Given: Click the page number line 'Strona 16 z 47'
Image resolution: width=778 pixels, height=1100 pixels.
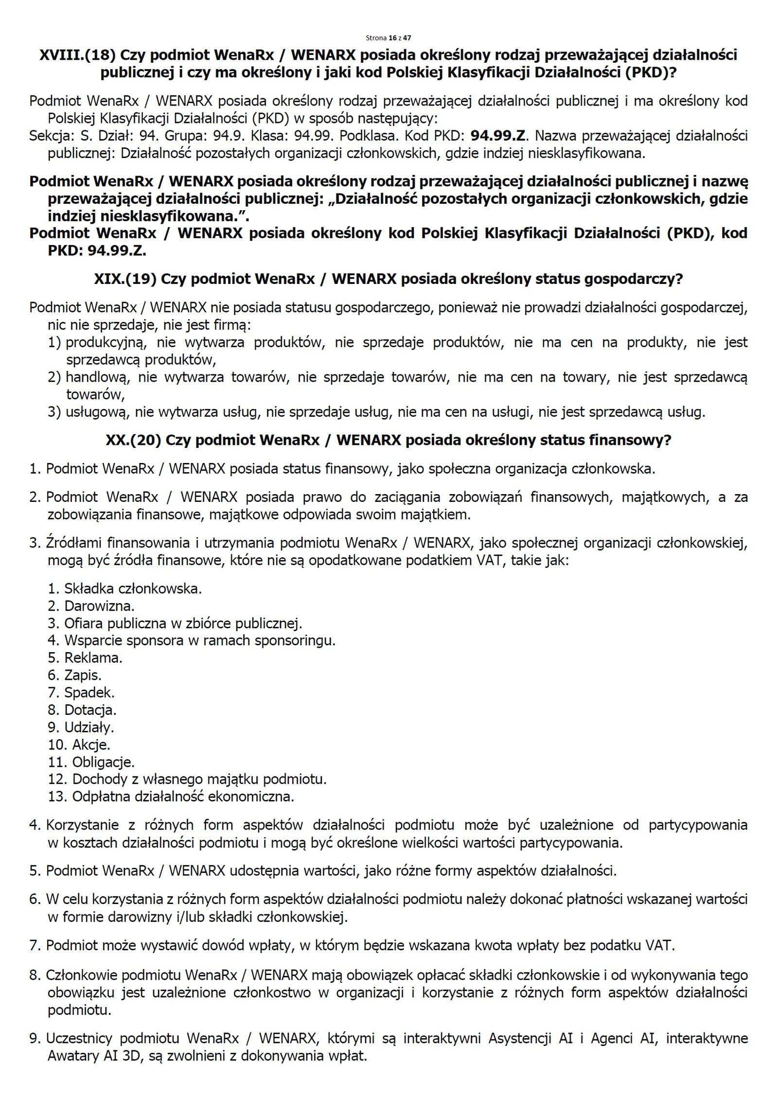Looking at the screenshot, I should [389, 37].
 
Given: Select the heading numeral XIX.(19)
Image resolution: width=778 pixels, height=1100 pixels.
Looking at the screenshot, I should [124, 279].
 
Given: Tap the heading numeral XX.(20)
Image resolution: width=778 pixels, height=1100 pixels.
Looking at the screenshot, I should [133, 440].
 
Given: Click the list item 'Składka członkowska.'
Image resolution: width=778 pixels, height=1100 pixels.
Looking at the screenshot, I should [133, 589].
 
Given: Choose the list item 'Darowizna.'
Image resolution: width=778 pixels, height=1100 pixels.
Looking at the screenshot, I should [99, 606].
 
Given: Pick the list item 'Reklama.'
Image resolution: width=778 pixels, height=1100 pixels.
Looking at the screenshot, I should [93, 658].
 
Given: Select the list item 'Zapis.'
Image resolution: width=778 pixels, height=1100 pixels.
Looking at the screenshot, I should [83, 675].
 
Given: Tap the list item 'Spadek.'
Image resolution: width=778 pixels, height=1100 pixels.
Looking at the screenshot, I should [89, 692].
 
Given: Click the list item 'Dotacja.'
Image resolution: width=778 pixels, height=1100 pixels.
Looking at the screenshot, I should [90, 710].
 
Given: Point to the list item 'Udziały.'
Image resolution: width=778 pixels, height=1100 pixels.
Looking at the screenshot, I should [89, 727].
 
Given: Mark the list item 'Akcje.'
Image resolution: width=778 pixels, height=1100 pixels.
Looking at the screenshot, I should [91, 745].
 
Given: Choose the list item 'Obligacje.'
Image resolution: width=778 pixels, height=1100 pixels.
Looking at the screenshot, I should [103, 762].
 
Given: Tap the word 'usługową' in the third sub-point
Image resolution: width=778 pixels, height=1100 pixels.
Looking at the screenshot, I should [97, 412].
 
